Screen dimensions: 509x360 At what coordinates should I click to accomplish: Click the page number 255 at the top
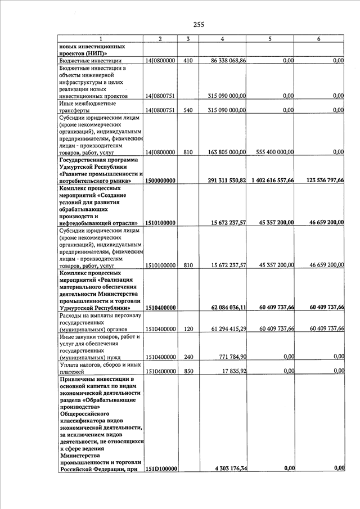(x=199, y=24)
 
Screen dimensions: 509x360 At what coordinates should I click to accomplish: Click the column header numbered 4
(x=223, y=39)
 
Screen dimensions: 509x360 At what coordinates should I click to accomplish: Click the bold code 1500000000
(x=161, y=181)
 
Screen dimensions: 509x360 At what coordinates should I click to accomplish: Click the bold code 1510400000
(x=161, y=308)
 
